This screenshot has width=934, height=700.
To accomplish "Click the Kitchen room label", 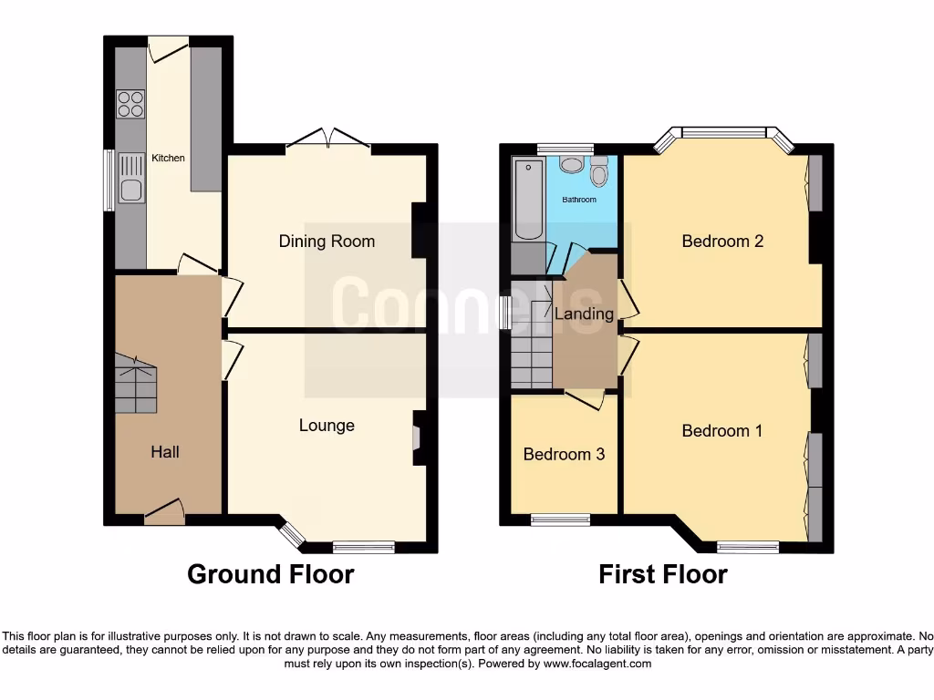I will coord(168,158).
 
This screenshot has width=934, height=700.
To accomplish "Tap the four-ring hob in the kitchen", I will coord(130,104).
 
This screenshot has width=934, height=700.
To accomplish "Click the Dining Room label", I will coord(327,242).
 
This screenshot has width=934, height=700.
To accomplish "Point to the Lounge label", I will coord(327,426).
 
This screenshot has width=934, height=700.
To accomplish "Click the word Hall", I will coord(165,452).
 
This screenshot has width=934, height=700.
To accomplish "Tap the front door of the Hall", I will coord(164,512).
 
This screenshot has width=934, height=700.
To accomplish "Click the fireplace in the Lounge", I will coord(417,438).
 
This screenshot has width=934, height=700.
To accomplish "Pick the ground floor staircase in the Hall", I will coord(135,388).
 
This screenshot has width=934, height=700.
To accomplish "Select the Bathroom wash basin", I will coord(572,164).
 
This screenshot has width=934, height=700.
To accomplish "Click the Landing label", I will coord(584,314).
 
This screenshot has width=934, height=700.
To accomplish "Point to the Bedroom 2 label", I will coord(722,242).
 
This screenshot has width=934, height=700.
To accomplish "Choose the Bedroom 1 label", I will coord(721,431).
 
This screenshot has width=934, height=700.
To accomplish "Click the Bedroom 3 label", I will coord(564,454).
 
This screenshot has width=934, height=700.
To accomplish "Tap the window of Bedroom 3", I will coord(560,520).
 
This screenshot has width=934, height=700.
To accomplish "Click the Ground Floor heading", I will coord(270,574).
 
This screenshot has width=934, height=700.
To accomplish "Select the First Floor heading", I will coord(662,574).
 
